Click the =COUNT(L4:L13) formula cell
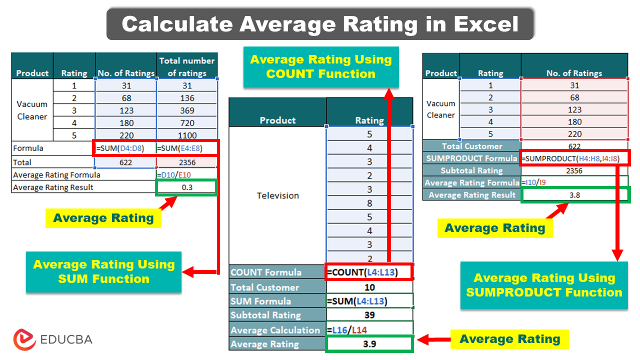[369, 272]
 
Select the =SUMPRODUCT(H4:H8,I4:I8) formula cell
[574, 158]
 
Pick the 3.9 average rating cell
[369, 344]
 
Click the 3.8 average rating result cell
[574, 195]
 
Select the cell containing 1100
[187, 135]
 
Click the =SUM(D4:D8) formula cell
[125, 148]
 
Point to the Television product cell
[277, 195]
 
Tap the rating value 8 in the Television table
[369, 203]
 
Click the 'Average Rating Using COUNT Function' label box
[321, 67]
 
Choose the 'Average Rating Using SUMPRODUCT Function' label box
[544, 285]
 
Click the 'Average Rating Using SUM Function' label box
[103, 271]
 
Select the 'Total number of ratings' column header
[187, 66]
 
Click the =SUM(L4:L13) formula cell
[369, 301]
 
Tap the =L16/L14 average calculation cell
[369, 330]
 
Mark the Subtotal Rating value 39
[369, 315]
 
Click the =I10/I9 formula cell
[574, 182]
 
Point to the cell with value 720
[187, 122]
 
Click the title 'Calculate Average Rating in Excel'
[320, 24]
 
